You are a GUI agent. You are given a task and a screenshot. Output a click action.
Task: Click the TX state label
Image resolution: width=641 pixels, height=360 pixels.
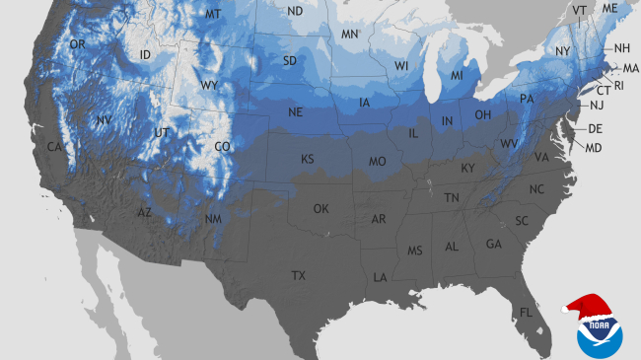pyautogui.click(x=298, y=274)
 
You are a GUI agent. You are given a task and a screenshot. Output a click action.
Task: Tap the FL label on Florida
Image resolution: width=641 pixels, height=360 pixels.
pyautogui.click(x=526, y=313)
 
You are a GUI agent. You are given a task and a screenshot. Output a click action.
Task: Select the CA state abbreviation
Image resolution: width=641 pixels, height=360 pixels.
pyautogui.click(x=55, y=146)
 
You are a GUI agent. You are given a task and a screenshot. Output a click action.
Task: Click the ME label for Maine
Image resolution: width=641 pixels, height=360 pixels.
pyautogui.click(x=610, y=8)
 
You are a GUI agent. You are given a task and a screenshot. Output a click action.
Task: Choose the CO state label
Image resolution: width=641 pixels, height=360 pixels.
pyautogui.click(x=223, y=146)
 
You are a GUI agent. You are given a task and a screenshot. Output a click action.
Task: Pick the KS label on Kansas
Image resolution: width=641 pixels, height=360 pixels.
pyautogui.click(x=308, y=159)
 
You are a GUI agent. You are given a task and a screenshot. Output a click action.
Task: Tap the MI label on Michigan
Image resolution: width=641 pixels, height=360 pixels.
pyautogui.click(x=457, y=76)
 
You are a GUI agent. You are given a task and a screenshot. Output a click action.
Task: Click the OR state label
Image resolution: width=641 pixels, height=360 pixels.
pyautogui.click(x=77, y=44)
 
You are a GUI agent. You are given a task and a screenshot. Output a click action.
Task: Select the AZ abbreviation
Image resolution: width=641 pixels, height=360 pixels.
pyautogui.click(x=144, y=212)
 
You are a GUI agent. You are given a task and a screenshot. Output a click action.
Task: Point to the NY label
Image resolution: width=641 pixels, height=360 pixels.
pyautogui.click(x=562, y=50)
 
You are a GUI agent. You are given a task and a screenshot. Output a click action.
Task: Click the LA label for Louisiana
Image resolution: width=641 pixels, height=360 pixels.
pyautogui.click(x=379, y=278)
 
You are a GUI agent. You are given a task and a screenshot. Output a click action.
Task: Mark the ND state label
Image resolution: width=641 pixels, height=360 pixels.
pyautogui.click(x=295, y=11)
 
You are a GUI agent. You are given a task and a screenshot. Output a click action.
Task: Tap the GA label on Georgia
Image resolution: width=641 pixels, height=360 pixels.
pyautogui.click(x=493, y=244)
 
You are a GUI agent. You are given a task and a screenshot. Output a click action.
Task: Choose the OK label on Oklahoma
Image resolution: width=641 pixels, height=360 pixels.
pyautogui.click(x=321, y=209)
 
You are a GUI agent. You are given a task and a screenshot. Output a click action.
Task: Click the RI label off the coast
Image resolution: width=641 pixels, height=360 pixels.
pyautogui.click(x=619, y=85)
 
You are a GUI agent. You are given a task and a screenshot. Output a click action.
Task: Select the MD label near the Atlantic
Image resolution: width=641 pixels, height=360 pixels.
pyautogui.click(x=594, y=148)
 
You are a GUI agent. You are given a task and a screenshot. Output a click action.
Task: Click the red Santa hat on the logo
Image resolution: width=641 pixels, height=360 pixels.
pyautogui.click(x=588, y=307)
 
